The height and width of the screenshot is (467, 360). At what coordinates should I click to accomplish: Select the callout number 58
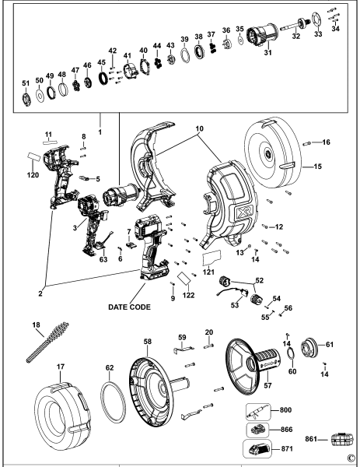click(x=147, y=341)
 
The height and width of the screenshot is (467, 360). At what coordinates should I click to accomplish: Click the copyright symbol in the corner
click(x=351, y=458)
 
